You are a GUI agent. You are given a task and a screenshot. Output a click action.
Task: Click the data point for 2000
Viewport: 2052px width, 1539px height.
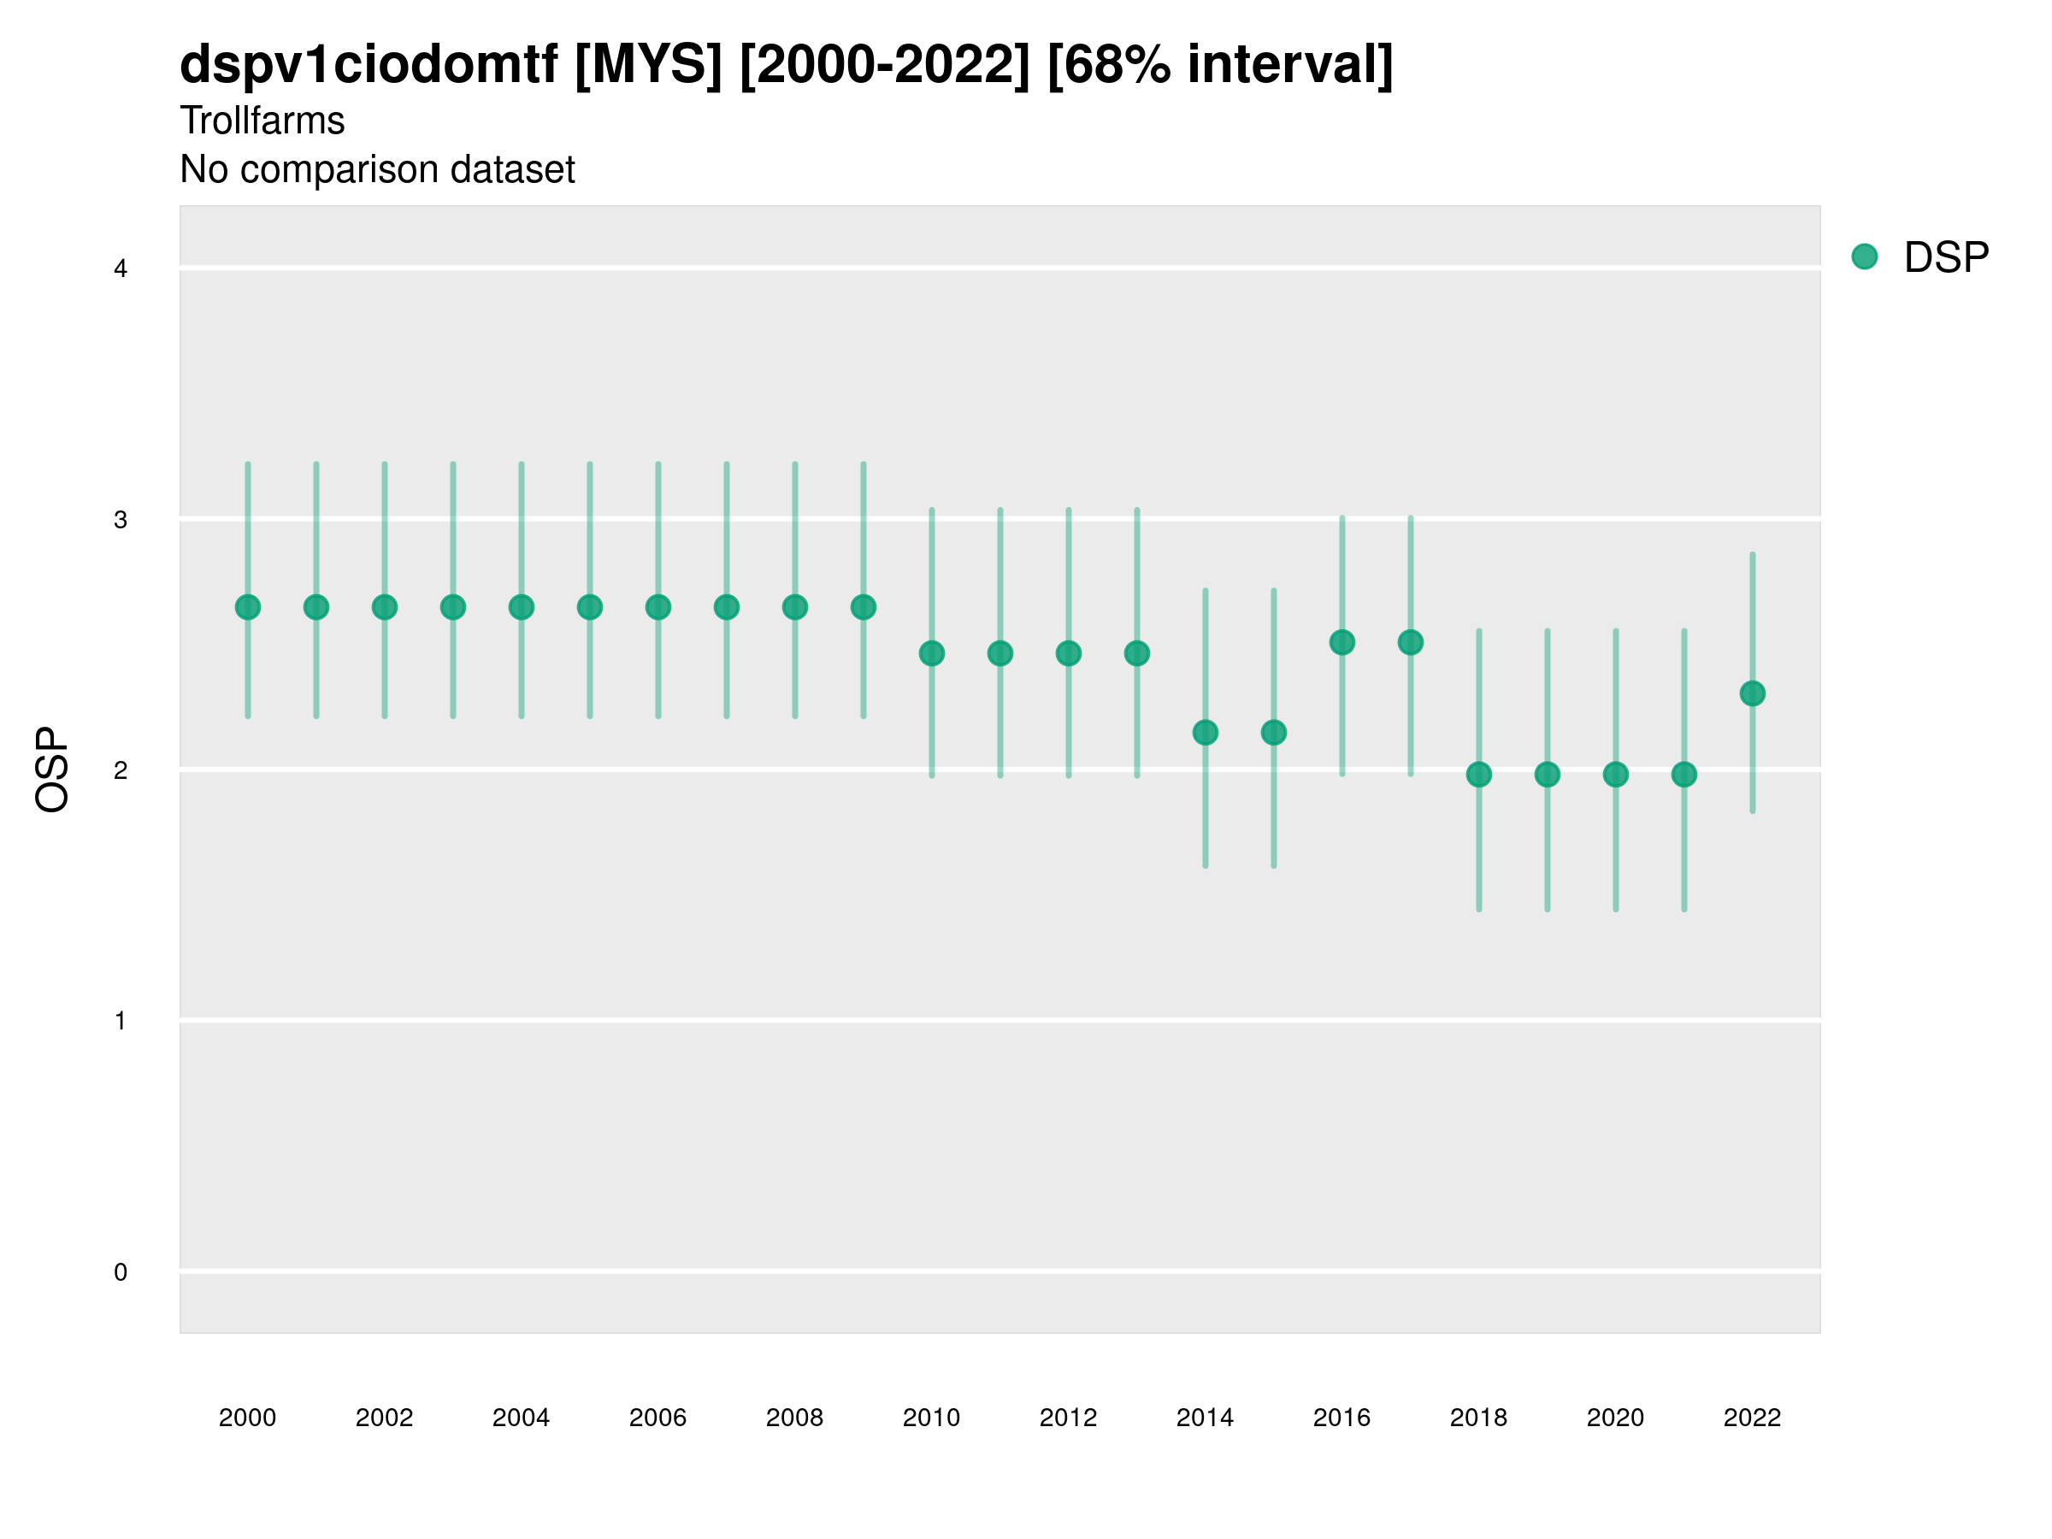(248, 608)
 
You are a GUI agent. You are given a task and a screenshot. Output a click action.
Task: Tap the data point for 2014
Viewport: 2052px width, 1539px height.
(1205, 733)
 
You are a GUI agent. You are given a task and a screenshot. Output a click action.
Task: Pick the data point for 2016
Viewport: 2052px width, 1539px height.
(1342, 642)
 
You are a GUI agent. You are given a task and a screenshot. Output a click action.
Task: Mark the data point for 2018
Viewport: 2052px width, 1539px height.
(1478, 775)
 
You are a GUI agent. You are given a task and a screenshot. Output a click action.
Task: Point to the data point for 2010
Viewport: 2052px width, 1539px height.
(931, 654)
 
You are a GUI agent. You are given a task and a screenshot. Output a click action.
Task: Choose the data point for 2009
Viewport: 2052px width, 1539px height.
(864, 608)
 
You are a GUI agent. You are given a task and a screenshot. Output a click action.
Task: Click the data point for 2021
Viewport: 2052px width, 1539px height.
(1684, 775)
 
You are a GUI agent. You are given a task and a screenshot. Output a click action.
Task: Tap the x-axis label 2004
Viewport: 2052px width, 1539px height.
(522, 1418)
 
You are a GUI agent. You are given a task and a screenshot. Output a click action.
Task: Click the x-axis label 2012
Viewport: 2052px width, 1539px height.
(1069, 1418)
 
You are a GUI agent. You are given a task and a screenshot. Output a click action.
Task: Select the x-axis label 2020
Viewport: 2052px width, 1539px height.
(1615, 1418)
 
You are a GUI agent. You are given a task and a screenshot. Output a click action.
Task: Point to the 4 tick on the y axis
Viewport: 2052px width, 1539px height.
(121, 269)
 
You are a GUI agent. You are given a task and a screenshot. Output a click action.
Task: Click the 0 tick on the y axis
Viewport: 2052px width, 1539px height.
(121, 1272)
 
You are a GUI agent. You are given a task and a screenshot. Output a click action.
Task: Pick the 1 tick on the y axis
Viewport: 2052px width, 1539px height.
(121, 1022)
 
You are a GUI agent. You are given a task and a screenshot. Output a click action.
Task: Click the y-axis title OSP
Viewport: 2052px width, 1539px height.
(53, 770)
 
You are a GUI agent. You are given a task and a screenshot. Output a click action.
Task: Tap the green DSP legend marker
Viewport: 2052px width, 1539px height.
(1865, 257)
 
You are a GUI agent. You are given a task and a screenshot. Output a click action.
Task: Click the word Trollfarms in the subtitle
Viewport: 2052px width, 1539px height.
(262, 121)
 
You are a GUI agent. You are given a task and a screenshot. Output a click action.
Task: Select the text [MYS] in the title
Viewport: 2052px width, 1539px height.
(647, 65)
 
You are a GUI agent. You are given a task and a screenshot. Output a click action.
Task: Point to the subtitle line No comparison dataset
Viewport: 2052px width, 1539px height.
(378, 170)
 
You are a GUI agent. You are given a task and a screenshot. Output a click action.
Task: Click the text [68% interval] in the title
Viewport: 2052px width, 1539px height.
(1220, 65)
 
